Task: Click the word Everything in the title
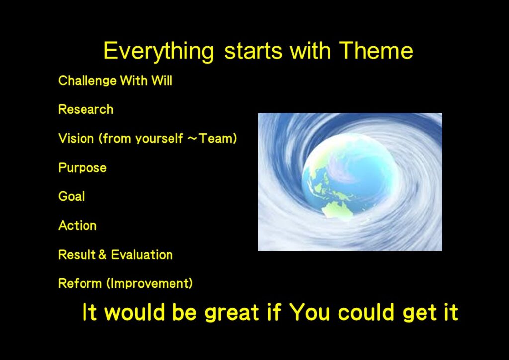click(159, 52)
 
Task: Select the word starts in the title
click(253, 51)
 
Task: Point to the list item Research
click(85, 109)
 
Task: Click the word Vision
click(76, 139)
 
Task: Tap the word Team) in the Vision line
click(218, 139)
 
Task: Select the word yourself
click(159, 139)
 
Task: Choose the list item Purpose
click(83, 168)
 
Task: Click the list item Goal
click(72, 196)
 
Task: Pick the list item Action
click(77, 226)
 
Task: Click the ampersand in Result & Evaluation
click(102, 255)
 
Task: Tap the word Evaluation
click(142, 255)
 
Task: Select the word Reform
click(80, 283)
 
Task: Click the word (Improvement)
click(150, 284)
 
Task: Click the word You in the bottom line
click(310, 312)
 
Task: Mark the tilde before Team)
click(193, 139)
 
